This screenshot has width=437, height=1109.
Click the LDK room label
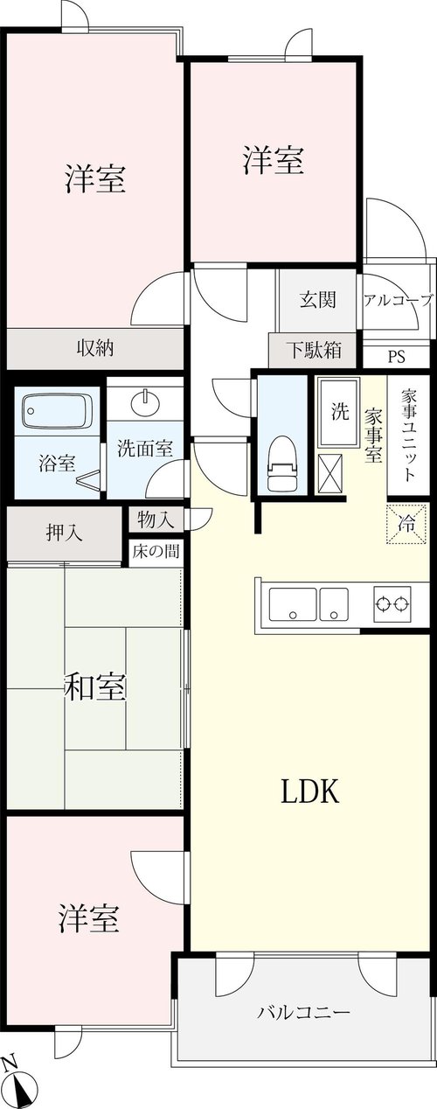(x=310, y=792)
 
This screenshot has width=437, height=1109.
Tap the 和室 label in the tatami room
(x=96, y=687)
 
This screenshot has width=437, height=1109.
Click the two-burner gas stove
(x=393, y=603)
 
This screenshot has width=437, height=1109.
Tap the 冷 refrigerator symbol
(x=406, y=524)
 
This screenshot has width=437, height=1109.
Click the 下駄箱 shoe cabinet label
(x=315, y=350)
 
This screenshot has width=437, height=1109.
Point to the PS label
(x=396, y=357)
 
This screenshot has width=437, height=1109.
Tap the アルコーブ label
(x=399, y=299)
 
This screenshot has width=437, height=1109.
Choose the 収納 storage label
(x=95, y=348)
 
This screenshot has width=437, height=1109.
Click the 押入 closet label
(x=65, y=534)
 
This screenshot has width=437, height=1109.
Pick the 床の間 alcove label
(x=156, y=551)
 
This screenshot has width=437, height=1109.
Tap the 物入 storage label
(x=156, y=520)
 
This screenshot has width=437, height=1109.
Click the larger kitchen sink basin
(x=292, y=603)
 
